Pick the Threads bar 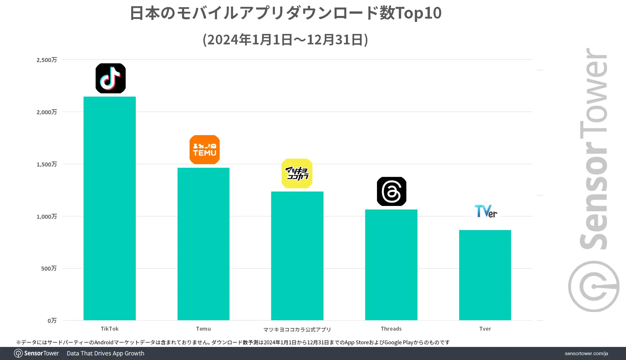coord(391,265)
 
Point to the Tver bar coord(485,275)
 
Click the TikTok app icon coord(111,78)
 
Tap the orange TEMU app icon coord(205,149)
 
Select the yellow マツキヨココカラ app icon coord(297,173)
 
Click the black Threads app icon coord(392,191)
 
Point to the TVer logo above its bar coord(486,211)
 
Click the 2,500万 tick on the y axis coord(47,60)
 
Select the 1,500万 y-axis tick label coord(47,164)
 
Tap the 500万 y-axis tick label coord(49,268)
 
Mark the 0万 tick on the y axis coord(52,321)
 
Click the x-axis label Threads coord(391,329)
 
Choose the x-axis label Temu coord(203,329)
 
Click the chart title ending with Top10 coord(286,13)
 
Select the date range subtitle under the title coord(286,40)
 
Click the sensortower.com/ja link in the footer coord(586,353)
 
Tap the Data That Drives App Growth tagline coord(105,353)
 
